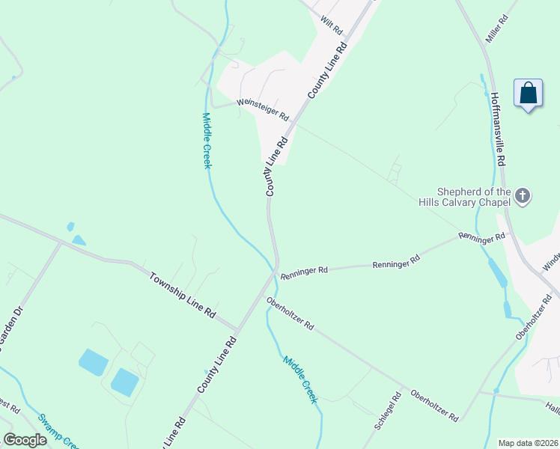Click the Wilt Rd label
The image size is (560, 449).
pos(331,25)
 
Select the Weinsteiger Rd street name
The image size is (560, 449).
pos(263,109)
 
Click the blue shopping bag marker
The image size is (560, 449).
pos(529,94)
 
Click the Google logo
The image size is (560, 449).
pos(25,440)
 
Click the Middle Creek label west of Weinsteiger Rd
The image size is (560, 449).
pos(207,140)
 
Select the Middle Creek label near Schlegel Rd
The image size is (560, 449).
pos(299,380)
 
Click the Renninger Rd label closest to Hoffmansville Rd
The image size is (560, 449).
pos(482,238)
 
